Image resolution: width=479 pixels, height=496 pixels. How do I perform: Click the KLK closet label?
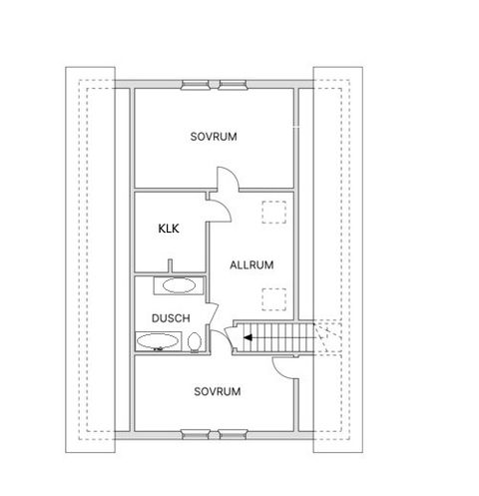point(169,229)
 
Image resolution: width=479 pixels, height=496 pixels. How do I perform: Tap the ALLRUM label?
point(251,265)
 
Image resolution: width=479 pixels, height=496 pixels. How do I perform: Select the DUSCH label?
point(171,318)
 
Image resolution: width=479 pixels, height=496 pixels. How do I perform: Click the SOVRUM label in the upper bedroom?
point(214,137)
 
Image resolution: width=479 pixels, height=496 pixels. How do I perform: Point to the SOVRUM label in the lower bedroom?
point(218,391)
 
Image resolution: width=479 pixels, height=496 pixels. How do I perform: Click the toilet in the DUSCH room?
point(194,342)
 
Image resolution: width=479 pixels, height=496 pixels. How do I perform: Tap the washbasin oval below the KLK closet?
point(179,285)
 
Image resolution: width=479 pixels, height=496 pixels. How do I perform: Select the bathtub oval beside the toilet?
point(158,341)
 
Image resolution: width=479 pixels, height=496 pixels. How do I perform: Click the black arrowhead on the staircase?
point(247,338)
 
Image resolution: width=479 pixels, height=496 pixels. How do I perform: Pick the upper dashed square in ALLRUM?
point(273,212)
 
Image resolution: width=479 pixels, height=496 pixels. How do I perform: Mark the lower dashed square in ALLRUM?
point(273,299)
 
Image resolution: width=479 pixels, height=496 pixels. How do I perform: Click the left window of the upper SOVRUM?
point(195,85)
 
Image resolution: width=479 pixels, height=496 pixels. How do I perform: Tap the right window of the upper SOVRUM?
point(233,85)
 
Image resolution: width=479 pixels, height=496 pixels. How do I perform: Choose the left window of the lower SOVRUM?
point(196,435)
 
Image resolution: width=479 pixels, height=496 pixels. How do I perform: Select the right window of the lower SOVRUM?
point(233,435)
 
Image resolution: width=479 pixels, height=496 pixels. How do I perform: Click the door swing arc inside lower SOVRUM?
point(278,372)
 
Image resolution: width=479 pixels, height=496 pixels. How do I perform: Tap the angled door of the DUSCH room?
point(214,313)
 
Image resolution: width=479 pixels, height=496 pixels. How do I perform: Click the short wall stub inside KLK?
point(171,265)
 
